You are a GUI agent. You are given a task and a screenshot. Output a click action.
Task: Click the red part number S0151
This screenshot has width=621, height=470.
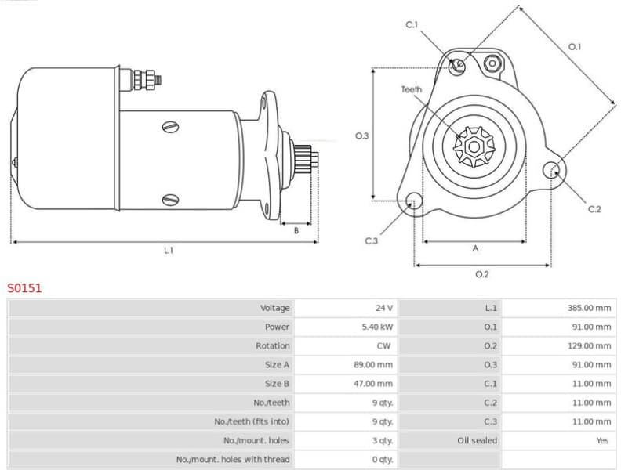pos(24,287)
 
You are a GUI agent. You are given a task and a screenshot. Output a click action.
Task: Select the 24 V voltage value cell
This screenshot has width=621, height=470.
pos(384,308)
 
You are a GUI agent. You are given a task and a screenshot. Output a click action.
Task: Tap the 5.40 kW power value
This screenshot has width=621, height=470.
pos(377,327)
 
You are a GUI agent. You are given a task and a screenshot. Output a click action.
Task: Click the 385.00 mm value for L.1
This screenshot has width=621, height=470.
pos(589,308)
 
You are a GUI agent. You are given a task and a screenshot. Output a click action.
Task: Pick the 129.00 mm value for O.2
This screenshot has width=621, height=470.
pos(589,345)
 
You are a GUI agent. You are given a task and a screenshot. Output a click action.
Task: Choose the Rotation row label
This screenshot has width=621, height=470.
pos(272,345)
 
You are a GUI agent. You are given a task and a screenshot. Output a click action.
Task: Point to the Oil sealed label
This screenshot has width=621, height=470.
pos(477,440)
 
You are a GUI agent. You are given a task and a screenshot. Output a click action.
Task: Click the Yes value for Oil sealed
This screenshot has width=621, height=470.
pos(601,440)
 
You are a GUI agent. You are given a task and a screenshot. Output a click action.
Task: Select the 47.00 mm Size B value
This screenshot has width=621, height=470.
pos(373,384)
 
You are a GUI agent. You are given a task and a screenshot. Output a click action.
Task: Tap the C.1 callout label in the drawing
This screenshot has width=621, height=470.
pos(412,25)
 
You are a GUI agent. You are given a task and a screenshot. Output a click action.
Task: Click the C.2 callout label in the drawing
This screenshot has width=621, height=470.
pos(594,208)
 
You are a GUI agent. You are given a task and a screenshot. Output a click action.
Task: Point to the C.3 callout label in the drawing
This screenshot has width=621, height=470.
pos(372,240)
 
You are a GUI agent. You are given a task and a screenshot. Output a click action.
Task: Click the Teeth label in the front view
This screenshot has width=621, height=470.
pos(412,89)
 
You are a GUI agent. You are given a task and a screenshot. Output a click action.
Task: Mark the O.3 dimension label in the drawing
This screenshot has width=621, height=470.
pos(361,136)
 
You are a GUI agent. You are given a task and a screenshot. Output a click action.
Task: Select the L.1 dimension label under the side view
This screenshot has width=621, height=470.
pos(168,251)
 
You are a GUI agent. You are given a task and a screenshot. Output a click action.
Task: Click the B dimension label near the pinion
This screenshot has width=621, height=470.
pos(296,230)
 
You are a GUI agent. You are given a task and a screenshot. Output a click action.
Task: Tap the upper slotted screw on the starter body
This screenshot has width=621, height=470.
pos(170,126)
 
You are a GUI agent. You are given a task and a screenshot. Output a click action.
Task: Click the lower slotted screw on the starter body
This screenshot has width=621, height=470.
pos(170,200)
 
